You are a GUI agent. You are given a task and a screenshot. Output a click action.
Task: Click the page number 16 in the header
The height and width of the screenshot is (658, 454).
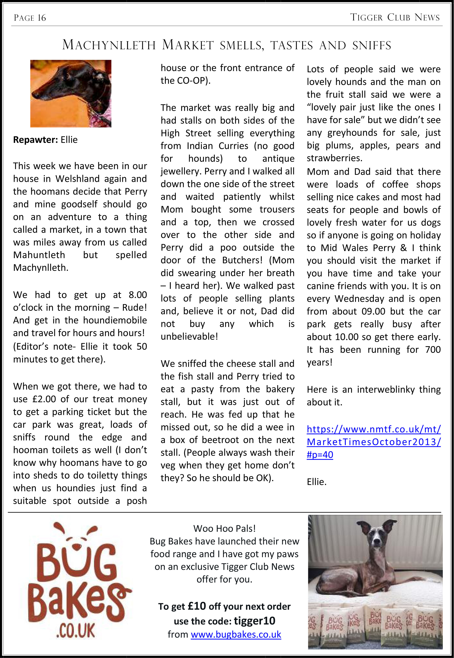point(41,18)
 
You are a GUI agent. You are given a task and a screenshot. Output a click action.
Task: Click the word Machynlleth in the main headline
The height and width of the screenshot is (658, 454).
point(109,45)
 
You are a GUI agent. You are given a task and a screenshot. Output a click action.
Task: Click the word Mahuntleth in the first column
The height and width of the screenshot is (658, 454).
point(39,255)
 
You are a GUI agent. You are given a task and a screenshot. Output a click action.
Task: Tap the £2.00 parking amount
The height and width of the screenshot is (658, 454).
point(44,399)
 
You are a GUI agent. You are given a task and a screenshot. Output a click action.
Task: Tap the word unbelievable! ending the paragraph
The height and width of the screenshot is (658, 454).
point(189,336)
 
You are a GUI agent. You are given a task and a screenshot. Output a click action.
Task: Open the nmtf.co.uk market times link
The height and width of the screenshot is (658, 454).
point(373,442)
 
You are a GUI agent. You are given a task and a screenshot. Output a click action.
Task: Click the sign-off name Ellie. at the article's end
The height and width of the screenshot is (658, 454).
point(316,482)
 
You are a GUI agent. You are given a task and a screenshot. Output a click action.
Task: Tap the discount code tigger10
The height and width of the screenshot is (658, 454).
point(254,621)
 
